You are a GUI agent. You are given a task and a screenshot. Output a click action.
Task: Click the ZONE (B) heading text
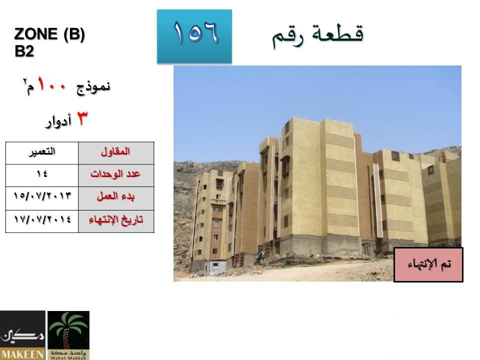[49, 33]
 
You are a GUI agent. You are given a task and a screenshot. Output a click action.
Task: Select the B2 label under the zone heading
[24, 51]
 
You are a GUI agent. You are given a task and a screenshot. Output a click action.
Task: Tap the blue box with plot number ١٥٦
[194, 36]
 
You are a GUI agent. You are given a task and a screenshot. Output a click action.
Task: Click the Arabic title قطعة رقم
[318, 35]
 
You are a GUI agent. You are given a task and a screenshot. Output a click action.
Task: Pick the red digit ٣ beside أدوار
[81, 118]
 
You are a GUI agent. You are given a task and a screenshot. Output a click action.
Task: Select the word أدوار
[58, 121]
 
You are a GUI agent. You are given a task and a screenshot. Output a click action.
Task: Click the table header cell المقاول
[116, 152]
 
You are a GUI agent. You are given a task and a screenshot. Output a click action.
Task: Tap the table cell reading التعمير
[42, 152]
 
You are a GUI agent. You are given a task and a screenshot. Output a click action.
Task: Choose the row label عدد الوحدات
[115, 174]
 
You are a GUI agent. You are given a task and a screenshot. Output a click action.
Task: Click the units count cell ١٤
[42, 174]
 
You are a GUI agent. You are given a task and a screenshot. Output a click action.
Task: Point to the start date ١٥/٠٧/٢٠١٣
[42, 195]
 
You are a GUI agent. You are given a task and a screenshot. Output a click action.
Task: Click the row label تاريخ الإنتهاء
[116, 220]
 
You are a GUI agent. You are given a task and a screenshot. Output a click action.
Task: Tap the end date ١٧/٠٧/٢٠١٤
[42, 219]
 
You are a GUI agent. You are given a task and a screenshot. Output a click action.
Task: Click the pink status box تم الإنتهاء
[428, 265]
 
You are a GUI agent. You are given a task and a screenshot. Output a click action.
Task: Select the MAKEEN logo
[22, 335]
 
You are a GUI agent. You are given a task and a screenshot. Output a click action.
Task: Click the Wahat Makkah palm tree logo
[68, 335]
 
